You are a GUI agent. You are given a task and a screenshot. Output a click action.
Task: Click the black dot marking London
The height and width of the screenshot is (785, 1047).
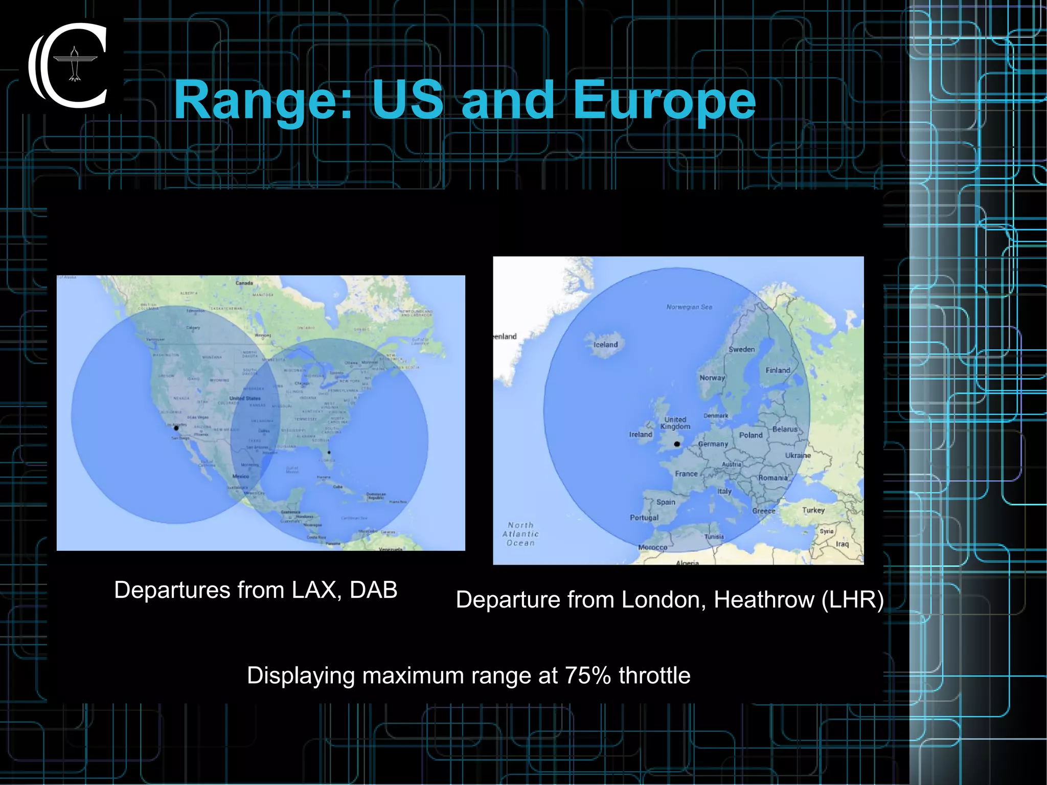pyautogui.click(x=677, y=444)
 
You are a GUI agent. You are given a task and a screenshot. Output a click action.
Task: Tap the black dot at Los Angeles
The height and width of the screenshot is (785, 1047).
pyautogui.click(x=176, y=428)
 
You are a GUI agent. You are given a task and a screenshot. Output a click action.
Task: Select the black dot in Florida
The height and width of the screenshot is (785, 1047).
pyautogui.click(x=329, y=452)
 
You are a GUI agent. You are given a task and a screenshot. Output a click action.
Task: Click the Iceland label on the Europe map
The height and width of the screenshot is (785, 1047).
pyautogui.click(x=605, y=345)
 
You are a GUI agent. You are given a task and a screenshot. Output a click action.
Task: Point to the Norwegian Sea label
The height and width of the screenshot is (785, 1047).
pyautogui.click(x=689, y=307)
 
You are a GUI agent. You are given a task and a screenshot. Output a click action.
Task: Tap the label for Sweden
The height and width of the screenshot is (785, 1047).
pyautogui.click(x=741, y=349)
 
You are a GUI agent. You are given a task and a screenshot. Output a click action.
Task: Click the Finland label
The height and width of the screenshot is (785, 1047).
pyautogui.click(x=778, y=370)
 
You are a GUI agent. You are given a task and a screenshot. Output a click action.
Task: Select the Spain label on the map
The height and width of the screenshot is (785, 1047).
pyautogui.click(x=666, y=502)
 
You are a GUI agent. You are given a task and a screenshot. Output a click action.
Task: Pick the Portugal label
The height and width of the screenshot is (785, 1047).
pyautogui.click(x=644, y=518)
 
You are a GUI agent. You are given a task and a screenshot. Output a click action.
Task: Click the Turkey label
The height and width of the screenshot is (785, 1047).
pyautogui.click(x=813, y=510)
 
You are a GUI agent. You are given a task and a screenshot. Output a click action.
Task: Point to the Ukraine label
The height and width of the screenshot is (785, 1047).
pyautogui.click(x=798, y=455)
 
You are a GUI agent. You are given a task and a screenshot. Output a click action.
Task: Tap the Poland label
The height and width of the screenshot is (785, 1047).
pyautogui.click(x=750, y=435)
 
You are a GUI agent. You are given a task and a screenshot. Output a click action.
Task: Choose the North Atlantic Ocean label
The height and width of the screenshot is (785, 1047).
pyautogui.click(x=520, y=534)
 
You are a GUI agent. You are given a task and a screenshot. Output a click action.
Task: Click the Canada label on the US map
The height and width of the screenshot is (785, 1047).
pyautogui.click(x=244, y=283)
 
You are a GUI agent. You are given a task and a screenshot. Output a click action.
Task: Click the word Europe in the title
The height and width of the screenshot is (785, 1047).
pyautogui.click(x=664, y=101)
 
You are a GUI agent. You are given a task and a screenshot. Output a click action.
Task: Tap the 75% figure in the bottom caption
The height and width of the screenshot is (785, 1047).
pyautogui.click(x=588, y=676)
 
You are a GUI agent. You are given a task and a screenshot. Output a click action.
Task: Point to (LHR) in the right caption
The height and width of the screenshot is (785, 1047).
pyautogui.click(x=852, y=599)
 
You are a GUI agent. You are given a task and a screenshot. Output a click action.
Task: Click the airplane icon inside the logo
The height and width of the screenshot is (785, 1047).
pyautogui.click(x=75, y=64)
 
